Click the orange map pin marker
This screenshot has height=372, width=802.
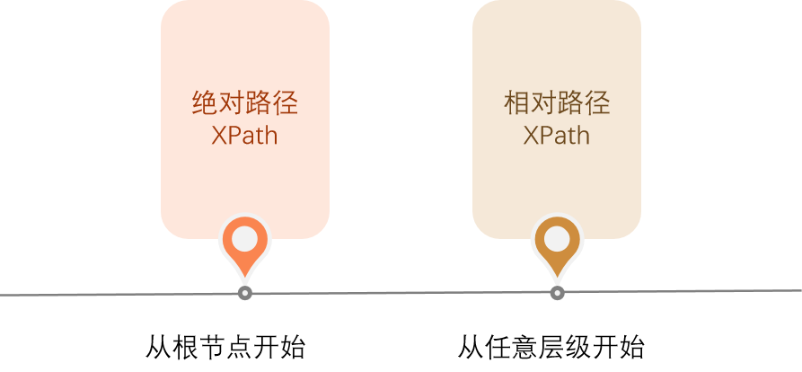pos(245,244)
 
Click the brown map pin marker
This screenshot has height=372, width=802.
pos(557,244)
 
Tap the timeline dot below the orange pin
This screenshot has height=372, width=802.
pos(245,293)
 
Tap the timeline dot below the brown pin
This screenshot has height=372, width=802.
pos(557,293)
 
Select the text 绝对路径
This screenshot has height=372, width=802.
pos(245,103)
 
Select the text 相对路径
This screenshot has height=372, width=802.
pos(557,103)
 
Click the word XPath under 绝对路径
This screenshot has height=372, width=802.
pos(245,136)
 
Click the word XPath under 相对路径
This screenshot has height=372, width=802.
pos(557,136)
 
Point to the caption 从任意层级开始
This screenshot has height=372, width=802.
pos(551,347)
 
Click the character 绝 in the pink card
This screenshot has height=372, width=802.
pos(206,103)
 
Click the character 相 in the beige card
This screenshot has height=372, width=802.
pos(517,103)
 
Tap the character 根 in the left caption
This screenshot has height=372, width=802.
pos(185,347)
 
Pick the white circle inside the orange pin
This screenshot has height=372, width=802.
pos(245,239)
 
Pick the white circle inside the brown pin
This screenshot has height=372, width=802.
pos(557,239)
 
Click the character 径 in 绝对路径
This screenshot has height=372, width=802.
pos(286,103)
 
